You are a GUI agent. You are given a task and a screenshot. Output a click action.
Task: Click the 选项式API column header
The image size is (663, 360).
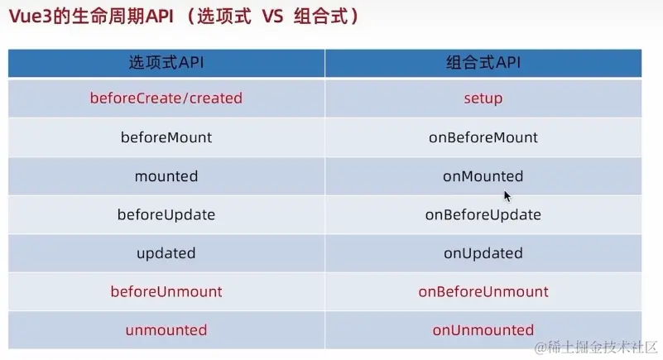[x=166, y=63]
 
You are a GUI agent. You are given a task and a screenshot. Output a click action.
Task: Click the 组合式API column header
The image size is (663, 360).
[x=483, y=63]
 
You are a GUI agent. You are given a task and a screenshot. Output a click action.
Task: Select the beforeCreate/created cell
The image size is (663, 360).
[x=166, y=98]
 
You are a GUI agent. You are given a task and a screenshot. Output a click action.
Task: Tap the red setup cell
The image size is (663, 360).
[x=483, y=98]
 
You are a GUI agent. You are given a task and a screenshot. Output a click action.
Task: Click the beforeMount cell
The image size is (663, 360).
[x=166, y=137]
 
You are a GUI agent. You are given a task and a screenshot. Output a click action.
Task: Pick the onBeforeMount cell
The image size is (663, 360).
[x=483, y=137]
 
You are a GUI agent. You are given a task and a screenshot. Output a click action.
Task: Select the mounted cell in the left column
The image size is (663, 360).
[x=166, y=176]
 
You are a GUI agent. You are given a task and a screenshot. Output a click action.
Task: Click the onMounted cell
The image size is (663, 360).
[x=483, y=176]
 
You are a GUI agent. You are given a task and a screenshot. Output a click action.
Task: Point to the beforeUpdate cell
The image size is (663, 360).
[x=166, y=215]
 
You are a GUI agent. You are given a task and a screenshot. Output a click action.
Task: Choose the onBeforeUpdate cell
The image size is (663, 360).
[x=483, y=215]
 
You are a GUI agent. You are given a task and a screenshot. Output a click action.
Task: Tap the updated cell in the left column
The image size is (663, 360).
[x=166, y=253]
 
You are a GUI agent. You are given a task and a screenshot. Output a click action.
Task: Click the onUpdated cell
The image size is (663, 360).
[x=483, y=253]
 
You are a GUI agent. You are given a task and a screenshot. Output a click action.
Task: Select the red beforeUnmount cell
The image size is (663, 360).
[x=166, y=292]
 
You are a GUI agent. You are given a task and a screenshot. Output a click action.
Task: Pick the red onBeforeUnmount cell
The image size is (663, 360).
[x=483, y=292]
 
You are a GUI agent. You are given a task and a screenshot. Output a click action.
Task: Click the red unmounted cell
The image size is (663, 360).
[x=166, y=330]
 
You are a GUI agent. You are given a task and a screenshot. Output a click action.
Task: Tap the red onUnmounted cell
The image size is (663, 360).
[x=483, y=330]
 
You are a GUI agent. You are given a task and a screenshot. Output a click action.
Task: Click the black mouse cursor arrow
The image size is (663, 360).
[x=507, y=196]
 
